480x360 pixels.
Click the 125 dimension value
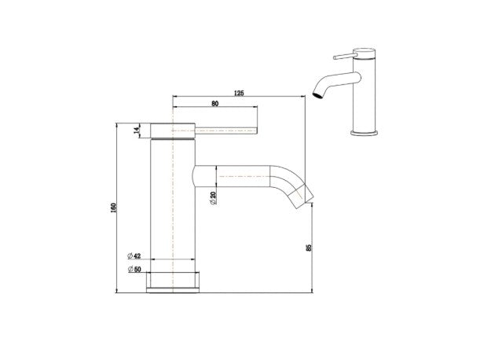(239, 94)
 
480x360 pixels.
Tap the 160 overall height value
(115, 208)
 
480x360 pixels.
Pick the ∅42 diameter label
(134, 257)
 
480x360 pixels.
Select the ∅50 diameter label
(134, 270)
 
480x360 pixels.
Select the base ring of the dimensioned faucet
(173, 281)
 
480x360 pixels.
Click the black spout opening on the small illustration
(317, 97)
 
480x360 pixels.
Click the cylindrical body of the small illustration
(365, 98)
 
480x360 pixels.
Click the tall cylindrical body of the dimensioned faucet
(173, 204)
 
